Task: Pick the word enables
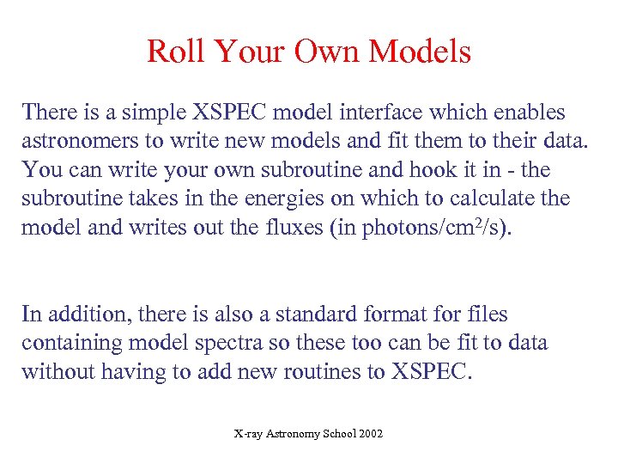[x=530, y=113]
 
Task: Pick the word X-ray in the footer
[x=249, y=434]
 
